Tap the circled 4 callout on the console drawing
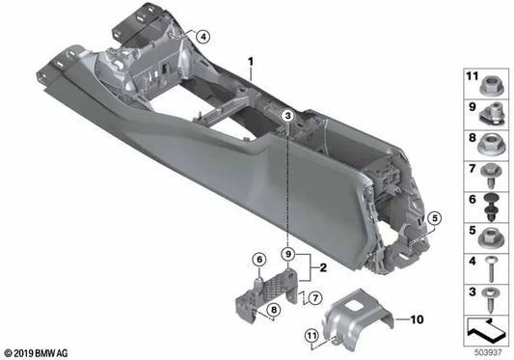(203, 37)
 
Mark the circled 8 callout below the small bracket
(273, 310)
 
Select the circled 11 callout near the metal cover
(311, 335)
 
